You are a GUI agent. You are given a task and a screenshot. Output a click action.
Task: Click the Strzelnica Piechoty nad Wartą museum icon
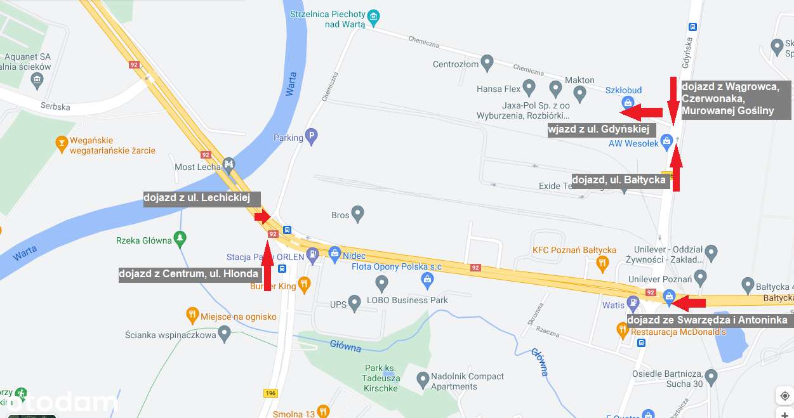point(374,16)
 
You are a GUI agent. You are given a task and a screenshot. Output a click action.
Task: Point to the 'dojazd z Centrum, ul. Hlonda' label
point(189,275)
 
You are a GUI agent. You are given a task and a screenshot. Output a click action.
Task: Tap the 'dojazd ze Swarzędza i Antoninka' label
point(708,320)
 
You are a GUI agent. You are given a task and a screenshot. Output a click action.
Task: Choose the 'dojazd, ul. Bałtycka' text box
point(619,180)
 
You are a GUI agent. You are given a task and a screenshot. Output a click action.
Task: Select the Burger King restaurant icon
point(304,284)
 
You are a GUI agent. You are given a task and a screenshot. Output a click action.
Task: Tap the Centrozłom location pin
point(487,63)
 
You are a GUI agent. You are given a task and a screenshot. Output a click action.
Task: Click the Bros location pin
point(357,214)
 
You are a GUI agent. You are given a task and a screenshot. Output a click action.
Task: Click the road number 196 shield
point(271,393)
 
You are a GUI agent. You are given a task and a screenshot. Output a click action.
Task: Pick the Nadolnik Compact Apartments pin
point(423,380)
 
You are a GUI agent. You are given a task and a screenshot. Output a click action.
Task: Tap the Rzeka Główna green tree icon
point(180,238)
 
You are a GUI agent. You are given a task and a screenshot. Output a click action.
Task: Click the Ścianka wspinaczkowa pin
point(224,333)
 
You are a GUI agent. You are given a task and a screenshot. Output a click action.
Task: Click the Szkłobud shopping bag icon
point(627,101)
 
